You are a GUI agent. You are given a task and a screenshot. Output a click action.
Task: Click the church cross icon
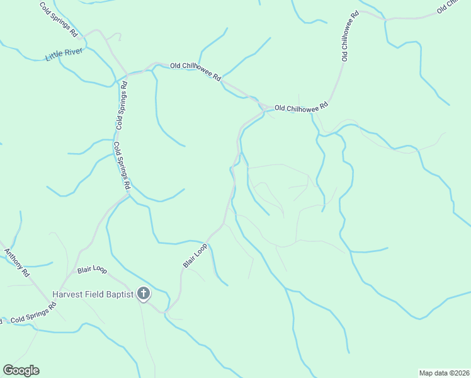click(144, 293)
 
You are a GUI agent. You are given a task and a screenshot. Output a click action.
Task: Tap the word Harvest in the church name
click(69, 294)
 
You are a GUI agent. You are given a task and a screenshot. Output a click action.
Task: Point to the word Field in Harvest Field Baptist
click(96, 294)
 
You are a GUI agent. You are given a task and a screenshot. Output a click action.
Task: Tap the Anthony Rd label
click(18, 263)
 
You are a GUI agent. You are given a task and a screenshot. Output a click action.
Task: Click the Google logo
click(21, 370)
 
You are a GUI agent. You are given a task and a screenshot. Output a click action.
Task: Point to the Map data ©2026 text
click(444, 372)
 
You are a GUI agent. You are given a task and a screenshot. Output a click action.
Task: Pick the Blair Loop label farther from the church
click(195, 256)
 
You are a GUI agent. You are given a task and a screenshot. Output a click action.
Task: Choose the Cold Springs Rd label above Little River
click(58, 19)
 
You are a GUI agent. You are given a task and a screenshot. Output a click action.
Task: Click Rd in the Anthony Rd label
click(25, 273)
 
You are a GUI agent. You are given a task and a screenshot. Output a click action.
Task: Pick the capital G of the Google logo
click(8, 370)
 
